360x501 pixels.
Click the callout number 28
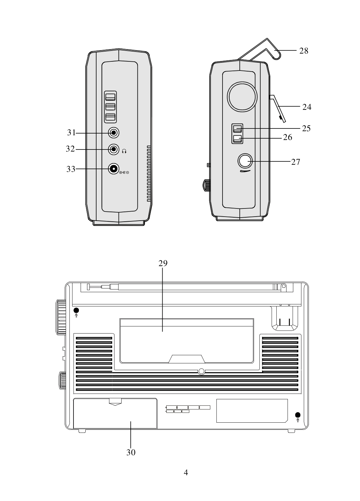[303, 51]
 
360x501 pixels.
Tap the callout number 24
[306, 107]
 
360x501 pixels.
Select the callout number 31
[71, 133]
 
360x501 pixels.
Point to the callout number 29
[163, 263]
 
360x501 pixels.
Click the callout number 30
[131, 452]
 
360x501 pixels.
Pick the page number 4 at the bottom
[186, 472]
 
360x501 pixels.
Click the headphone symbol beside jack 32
[124, 151]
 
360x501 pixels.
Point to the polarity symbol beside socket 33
[124, 173]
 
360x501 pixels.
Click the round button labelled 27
[245, 161]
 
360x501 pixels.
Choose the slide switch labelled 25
[237, 128]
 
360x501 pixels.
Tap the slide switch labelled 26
[237, 138]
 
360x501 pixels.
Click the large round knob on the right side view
[242, 96]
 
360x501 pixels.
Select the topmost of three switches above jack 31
[110, 97]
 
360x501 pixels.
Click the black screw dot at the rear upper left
[76, 310]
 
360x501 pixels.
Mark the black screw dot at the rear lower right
[298, 415]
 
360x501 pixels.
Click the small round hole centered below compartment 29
[201, 372]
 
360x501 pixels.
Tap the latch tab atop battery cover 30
[115, 401]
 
